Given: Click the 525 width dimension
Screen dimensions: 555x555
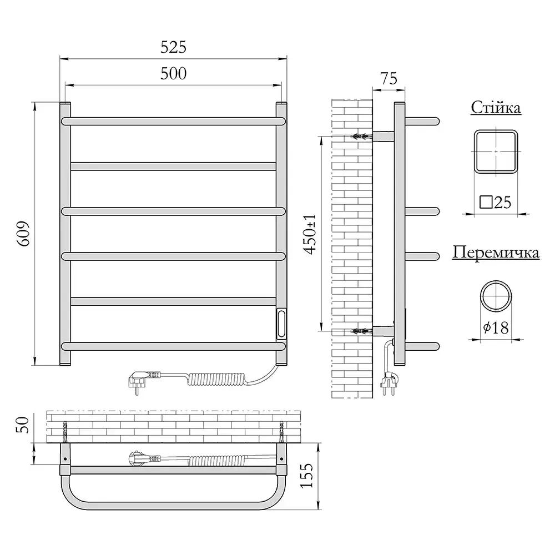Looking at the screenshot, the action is tap(173, 47).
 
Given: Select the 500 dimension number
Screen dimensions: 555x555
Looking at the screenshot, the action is tap(173, 74).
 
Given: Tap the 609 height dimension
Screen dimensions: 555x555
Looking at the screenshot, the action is tap(24, 234).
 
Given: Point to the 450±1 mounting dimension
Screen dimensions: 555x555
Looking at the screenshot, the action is tap(310, 234).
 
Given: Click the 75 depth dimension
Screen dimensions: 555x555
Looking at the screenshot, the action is tap(389, 79).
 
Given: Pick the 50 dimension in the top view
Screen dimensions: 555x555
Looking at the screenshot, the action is tap(22, 425).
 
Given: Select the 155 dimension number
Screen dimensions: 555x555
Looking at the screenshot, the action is tap(306, 476).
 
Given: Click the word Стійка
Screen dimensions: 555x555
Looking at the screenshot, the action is tap(496, 108).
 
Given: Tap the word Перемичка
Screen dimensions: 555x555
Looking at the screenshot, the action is tap(496, 253).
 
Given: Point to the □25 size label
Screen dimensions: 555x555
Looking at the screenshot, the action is tap(496, 202).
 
